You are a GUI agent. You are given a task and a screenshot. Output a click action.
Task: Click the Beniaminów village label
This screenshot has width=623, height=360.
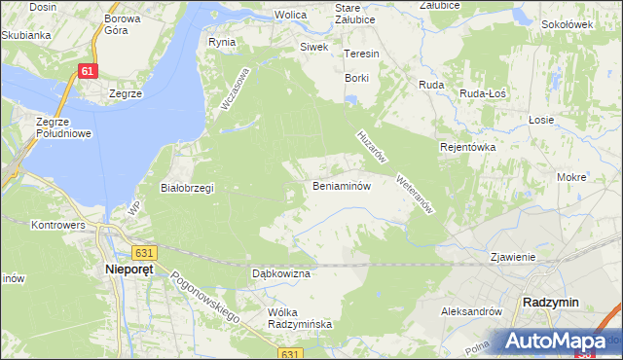(x=341, y=186)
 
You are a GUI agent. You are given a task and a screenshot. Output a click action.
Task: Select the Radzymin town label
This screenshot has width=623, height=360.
(x=550, y=302)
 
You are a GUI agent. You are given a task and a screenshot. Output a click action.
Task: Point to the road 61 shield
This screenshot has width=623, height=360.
(x=89, y=72)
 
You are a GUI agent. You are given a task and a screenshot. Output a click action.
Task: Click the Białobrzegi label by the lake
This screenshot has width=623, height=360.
(x=187, y=188)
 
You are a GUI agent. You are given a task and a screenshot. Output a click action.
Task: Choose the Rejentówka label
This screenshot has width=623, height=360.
(x=468, y=147)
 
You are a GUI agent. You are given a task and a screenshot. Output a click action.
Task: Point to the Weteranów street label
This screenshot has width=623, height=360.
(x=414, y=194)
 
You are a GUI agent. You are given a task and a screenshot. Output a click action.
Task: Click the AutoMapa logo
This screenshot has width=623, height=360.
(x=559, y=342)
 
